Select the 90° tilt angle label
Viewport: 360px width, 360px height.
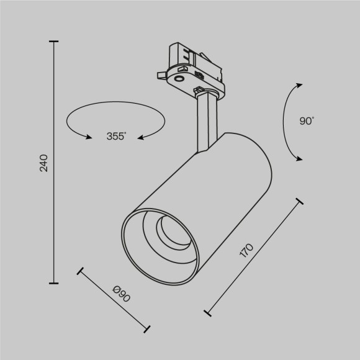click(307, 122)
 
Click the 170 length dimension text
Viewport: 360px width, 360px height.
click(246, 250)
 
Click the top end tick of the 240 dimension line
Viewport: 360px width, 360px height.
click(54, 42)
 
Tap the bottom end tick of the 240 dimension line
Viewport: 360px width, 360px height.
click(54, 282)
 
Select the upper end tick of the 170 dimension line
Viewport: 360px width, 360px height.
click(299, 202)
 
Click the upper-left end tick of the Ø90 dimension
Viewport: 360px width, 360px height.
click(79, 271)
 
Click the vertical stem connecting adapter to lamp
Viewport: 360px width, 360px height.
click(206, 121)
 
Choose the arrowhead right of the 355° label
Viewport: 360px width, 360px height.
click(140, 137)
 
